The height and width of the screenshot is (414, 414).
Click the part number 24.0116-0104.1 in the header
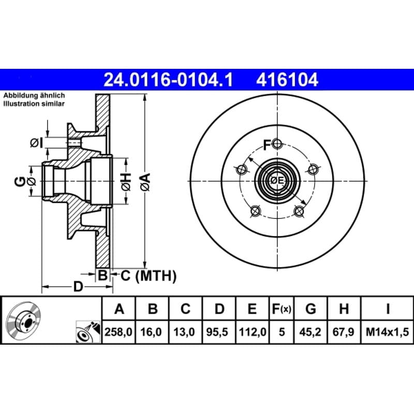168,80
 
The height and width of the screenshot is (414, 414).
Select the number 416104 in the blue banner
287,80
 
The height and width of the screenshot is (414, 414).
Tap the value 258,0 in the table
119,332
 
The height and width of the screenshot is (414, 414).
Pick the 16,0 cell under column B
151,332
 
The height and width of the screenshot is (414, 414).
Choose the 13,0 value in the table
184,332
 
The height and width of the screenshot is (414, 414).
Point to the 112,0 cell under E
253,332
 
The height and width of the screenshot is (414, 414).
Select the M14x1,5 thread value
387,332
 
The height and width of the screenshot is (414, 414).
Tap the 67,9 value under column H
344,332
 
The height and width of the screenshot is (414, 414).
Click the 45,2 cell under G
310,332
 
